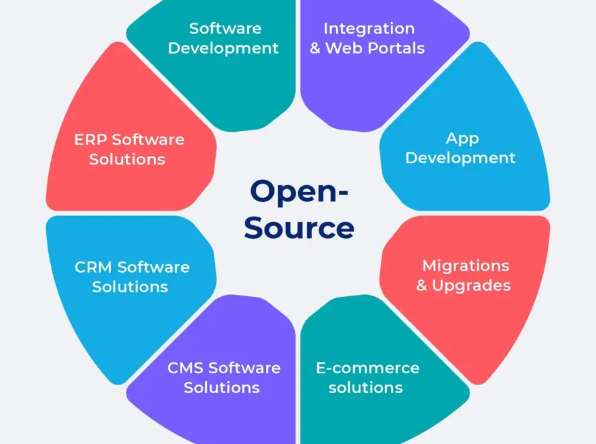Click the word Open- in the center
pos(299,192)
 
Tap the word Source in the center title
pos(299,227)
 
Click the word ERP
pos(90,140)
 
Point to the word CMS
pos(185,368)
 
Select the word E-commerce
pos(367,368)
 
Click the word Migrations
pos(465,265)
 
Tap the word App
pos(462,138)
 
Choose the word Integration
pos(368,29)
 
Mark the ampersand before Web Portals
pos(315,49)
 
